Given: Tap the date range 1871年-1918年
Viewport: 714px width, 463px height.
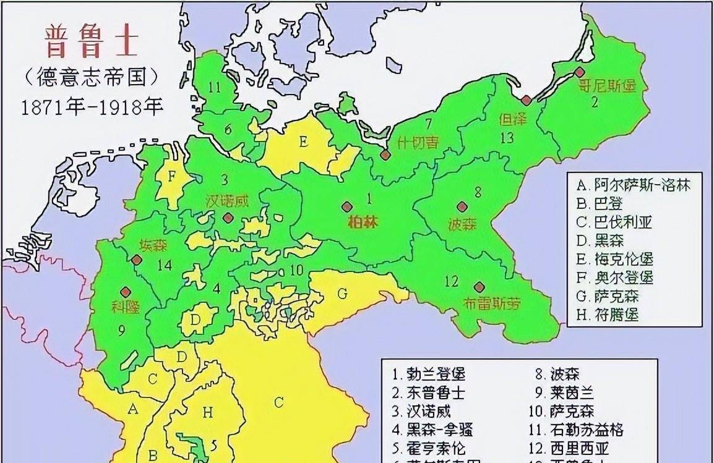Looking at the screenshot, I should (92, 106).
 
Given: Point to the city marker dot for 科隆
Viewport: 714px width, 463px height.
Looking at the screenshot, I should (125, 291).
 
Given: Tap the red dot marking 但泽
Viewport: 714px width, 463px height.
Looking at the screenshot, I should (525, 100).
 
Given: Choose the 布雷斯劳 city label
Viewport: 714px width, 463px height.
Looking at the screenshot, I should (491, 303).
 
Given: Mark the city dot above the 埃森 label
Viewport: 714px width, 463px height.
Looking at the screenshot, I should (134, 260).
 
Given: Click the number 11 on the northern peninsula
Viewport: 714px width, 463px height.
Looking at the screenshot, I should (214, 88).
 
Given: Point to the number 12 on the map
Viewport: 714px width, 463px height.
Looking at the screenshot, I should (452, 282).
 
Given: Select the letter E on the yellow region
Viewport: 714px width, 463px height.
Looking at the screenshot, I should (303, 142).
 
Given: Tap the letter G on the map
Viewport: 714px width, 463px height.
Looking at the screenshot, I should (342, 293).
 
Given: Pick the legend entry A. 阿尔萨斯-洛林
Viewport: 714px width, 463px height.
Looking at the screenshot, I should (632, 185).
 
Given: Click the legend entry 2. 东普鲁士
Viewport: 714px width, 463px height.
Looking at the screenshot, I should (428, 393).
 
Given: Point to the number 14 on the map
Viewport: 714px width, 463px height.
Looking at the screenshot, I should (164, 265).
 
